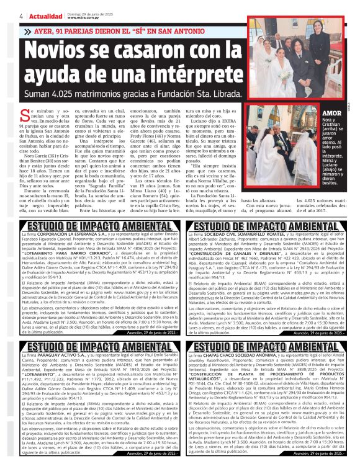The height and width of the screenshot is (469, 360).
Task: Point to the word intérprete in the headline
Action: coord(186,74)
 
